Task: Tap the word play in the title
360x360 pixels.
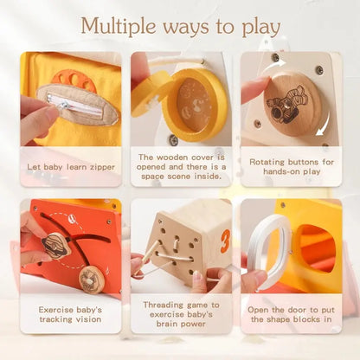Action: [x=256, y=25]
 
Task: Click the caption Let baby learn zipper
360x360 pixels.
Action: [x=71, y=166]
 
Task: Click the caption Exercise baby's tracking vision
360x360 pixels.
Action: [x=71, y=313]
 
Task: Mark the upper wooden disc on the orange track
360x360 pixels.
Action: [x=56, y=245]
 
